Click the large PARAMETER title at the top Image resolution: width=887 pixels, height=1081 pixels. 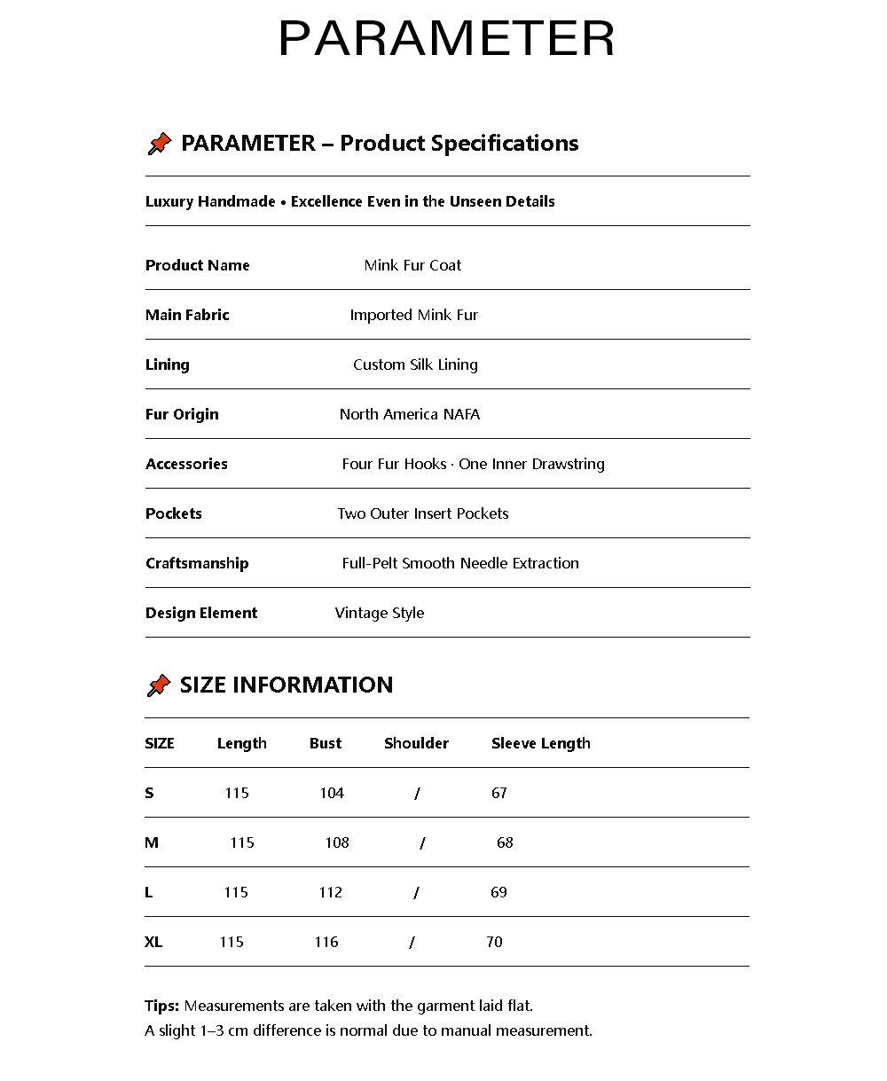446,39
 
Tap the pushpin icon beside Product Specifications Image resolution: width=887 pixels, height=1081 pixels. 159,144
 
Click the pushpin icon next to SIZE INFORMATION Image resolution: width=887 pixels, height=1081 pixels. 158,685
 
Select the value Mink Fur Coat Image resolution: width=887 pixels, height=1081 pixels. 412,265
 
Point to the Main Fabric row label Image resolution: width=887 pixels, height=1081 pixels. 187,315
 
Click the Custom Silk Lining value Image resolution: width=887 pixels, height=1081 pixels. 415,364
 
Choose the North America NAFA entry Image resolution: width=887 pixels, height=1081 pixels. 410,414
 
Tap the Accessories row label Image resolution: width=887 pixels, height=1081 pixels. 186,464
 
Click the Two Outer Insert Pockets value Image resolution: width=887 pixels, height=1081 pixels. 423,513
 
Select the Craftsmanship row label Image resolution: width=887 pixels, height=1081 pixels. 197,563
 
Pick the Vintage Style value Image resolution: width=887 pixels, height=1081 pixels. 380,613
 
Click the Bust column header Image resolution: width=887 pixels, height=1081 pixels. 326,743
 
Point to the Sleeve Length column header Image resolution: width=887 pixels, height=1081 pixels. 540,743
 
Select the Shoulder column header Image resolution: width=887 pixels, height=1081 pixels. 416,743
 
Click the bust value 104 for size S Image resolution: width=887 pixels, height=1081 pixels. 332,793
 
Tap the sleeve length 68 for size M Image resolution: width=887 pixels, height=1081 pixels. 505,842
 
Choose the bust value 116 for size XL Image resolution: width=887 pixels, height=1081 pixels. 326,942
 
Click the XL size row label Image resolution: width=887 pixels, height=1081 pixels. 153,942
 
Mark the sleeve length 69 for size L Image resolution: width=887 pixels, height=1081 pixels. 498,892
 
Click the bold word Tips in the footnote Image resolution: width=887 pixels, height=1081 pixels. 161,1006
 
